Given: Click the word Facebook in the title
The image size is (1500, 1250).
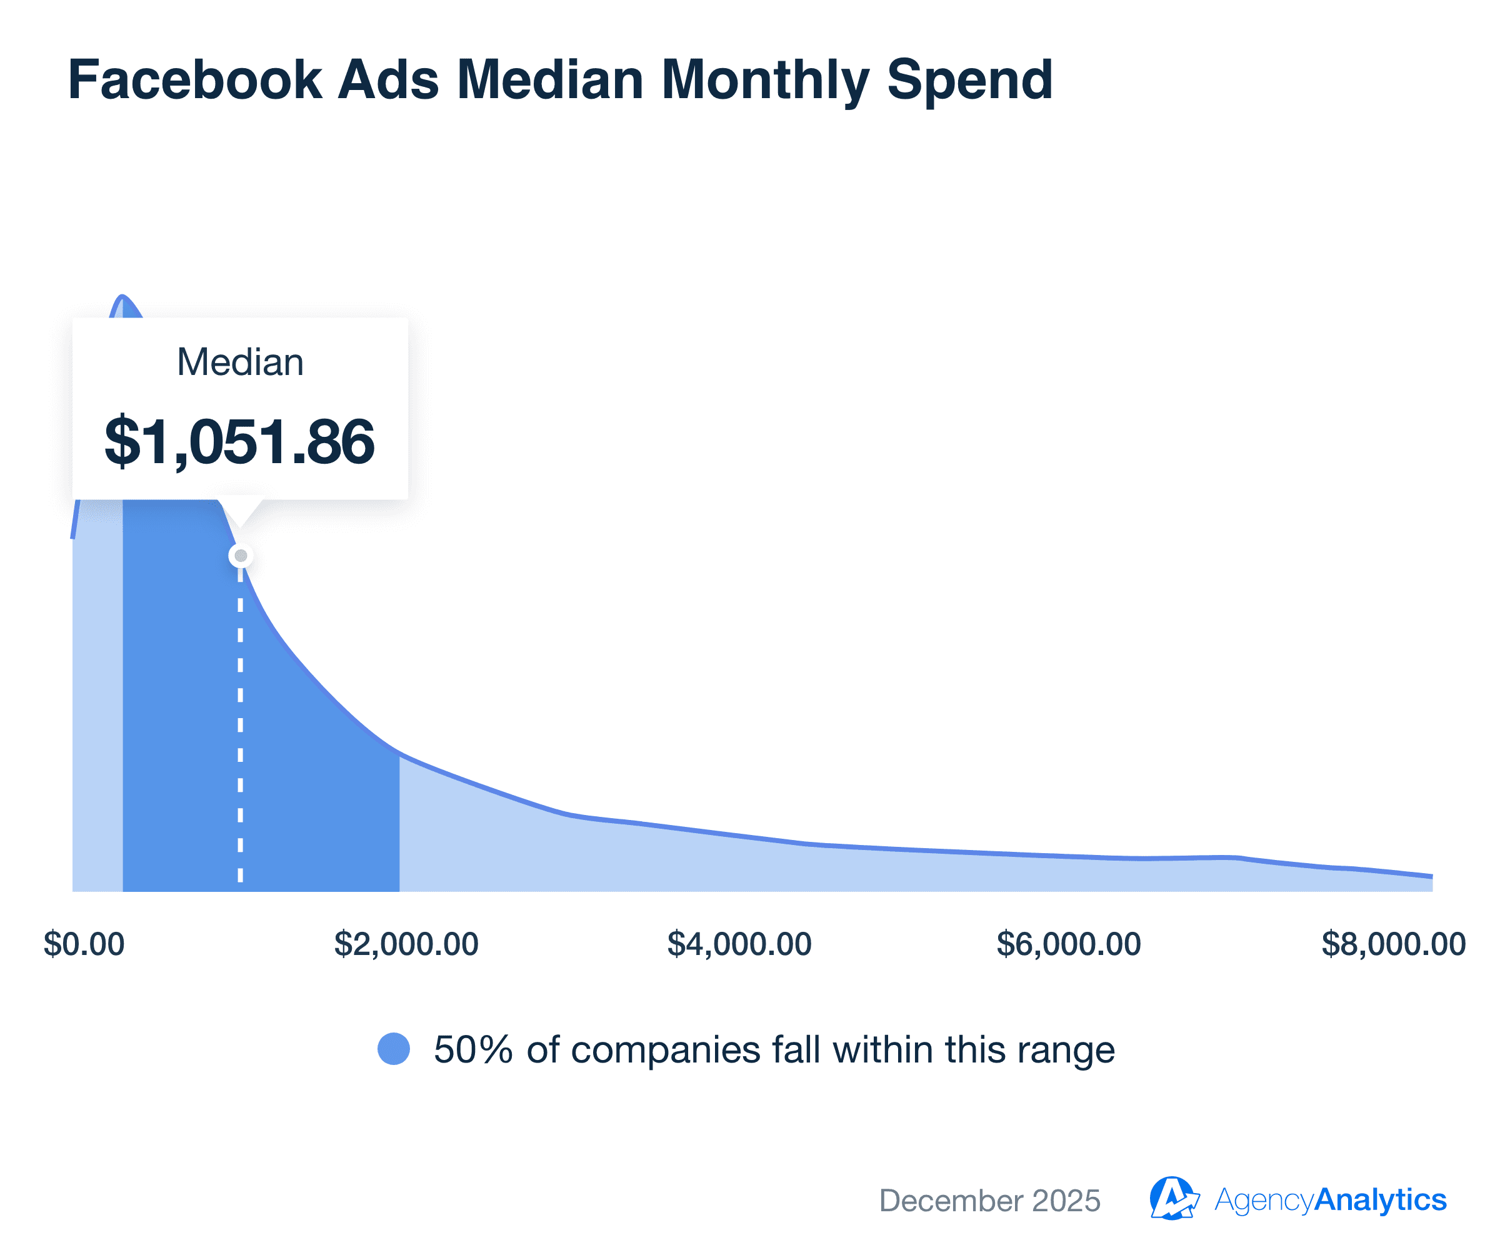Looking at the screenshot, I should click(x=194, y=79).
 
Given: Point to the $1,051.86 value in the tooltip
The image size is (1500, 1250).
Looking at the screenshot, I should click(x=239, y=441).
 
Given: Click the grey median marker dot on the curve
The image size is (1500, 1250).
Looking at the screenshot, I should click(x=241, y=556).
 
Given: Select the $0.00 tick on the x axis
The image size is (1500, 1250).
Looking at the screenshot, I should click(x=84, y=944).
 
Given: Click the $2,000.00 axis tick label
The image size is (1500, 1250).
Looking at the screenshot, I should click(x=406, y=944).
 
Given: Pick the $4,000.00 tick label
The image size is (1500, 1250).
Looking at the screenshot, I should click(x=739, y=944).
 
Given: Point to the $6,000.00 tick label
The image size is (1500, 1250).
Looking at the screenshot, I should click(x=1069, y=944).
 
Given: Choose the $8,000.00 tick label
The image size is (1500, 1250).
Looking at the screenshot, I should click(x=1393, y=944).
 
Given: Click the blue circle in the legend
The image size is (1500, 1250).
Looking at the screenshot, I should click(x=394, y=1049).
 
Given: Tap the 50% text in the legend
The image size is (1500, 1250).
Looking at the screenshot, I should click(x=473, y=1050).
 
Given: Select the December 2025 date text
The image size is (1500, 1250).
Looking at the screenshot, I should click(x=989, y=1201).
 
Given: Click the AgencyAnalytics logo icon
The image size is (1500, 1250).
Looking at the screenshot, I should click(x=1173, y=1199).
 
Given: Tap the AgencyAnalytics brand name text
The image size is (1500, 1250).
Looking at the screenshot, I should click(x=1330, y=1200).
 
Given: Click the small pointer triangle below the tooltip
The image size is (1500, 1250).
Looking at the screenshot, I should click(x=241, y=513).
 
